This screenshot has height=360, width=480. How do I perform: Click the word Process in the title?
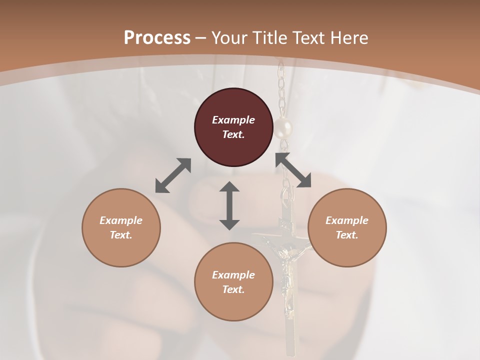[157, 38]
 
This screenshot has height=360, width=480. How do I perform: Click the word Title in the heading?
[270, 38]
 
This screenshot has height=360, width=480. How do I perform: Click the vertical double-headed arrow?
[229, 205]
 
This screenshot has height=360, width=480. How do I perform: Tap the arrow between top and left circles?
[173, 175]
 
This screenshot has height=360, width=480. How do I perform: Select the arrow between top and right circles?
[293, 170]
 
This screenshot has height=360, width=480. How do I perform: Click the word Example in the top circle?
[233, 120]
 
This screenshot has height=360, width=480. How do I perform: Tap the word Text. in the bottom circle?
[233, 289]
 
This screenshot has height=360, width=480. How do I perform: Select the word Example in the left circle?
[121, 220]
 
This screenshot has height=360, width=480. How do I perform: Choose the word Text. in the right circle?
[347, 235]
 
